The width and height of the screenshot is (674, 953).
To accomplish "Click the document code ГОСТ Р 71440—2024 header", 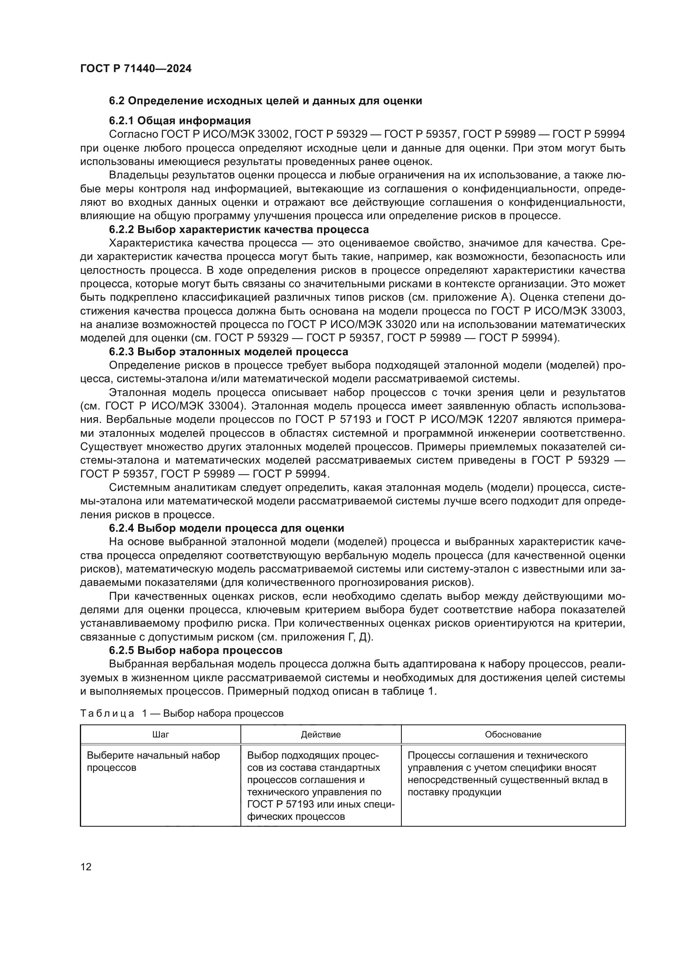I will click(136, 69).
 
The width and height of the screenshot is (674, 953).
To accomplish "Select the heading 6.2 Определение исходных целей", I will click(265, 101).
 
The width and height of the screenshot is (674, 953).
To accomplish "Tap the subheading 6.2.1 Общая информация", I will click(180, 121).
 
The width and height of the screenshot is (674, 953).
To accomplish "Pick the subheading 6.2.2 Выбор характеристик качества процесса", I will click(239, 229).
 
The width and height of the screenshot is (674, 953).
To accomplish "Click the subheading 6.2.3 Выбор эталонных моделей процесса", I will click(228, 352).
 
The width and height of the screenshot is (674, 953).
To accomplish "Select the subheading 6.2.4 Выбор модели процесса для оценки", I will click(226, 528).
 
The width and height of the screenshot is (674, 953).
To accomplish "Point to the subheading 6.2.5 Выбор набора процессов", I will click(196, 650).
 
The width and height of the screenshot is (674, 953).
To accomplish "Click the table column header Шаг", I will click(161, 734).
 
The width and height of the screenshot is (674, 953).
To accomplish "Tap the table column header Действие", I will click(321, 734).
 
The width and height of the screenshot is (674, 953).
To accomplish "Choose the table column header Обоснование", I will click(513, 734).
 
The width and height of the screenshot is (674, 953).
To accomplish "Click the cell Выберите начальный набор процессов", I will click(153, 761).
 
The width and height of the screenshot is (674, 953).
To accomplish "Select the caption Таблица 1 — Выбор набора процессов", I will click(182, 713).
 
